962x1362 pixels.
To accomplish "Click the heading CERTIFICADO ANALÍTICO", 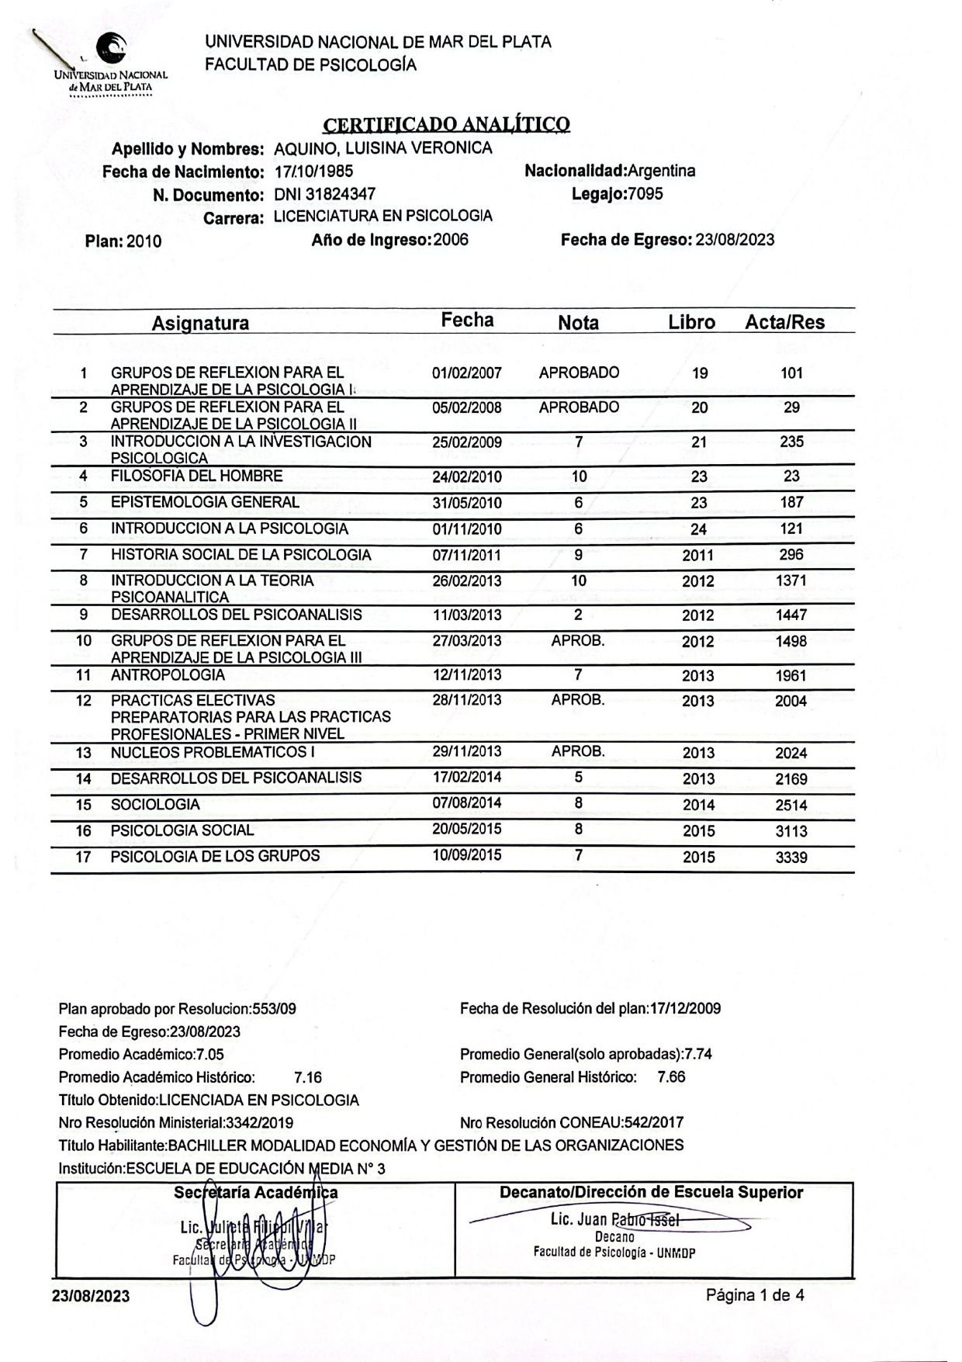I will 446,124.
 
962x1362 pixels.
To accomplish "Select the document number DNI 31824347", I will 325,194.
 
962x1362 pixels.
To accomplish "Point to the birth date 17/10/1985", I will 314,172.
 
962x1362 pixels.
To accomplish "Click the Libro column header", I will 691,322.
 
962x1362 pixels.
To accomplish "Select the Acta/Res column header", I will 784,322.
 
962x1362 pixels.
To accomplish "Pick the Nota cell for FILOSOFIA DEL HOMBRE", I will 579,477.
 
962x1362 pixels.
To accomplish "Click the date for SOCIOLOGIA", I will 467,803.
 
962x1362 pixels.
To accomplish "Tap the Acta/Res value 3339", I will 791,858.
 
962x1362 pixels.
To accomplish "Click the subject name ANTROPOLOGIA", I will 168,675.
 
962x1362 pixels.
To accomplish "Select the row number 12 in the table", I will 84,701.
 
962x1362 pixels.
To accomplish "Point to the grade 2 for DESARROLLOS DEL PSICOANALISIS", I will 578,615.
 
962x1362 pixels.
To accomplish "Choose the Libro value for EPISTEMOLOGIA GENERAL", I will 699,503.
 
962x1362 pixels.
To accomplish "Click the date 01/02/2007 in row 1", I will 467,373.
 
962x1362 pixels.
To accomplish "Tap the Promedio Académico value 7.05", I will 210,1055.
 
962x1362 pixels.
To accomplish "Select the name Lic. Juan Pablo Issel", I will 614,1219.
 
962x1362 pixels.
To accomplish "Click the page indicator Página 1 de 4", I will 754,1294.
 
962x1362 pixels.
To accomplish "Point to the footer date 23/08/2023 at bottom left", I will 91,1296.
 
